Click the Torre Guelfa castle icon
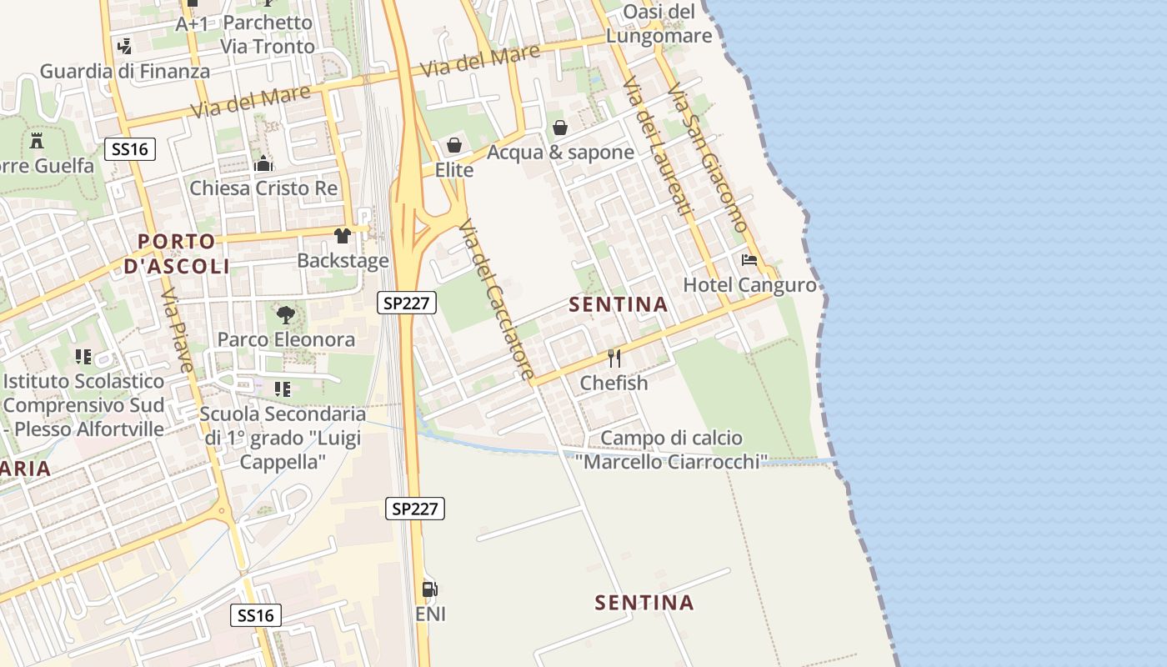37,140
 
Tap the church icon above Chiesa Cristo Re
263,163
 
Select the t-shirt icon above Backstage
343,236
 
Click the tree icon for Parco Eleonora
285,314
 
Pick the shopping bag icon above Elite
454,146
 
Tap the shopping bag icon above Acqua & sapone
560,128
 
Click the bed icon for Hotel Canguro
749,260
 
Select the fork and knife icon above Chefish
614,359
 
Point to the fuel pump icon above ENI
430,589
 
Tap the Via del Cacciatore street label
496,300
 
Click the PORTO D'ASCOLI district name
177,253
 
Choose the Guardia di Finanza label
125,71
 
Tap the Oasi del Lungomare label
659,23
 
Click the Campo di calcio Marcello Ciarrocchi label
672,449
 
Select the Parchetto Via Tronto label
268,34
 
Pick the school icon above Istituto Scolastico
83,357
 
